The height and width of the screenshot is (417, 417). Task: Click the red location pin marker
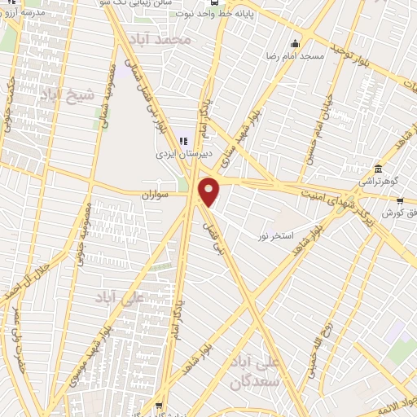coord(209,192)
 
